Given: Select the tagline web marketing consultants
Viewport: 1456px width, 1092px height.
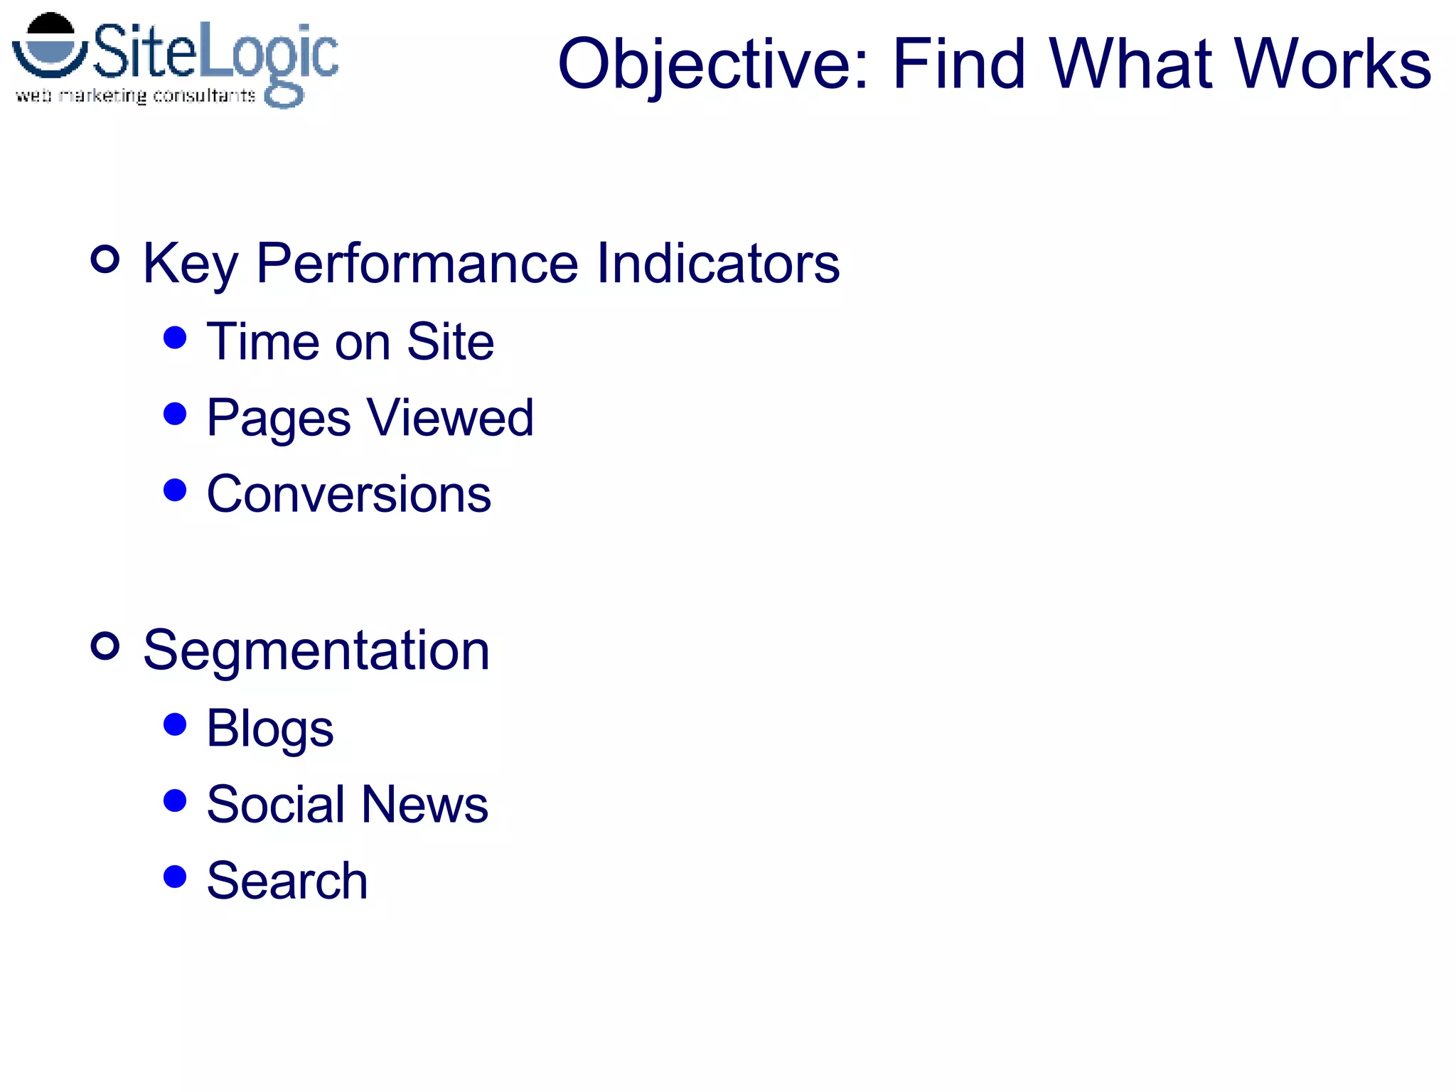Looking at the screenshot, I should point(135,95).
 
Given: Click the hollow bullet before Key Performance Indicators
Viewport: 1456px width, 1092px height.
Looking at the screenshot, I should point(105,259).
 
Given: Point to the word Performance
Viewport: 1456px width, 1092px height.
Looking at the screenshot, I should point(417,264).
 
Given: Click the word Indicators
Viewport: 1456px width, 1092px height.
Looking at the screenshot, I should point(717,263).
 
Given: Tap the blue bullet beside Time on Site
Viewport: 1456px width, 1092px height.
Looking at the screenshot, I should point(175,337).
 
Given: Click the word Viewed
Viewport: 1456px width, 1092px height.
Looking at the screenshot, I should point(450,417).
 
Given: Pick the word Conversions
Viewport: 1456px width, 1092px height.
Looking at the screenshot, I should point(348,494).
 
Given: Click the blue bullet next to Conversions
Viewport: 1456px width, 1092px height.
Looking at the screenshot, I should point(175,490).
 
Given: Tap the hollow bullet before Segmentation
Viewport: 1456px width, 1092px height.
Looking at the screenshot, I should point(105,646).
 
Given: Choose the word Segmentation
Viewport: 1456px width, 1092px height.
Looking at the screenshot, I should point(316,651).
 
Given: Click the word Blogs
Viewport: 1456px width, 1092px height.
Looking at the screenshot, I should point(269,729).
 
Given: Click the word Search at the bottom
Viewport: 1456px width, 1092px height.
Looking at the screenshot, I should point(287,881).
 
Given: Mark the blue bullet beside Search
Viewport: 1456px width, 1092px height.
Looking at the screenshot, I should point(175,877).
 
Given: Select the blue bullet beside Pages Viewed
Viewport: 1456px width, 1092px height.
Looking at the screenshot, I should point(175,413).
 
